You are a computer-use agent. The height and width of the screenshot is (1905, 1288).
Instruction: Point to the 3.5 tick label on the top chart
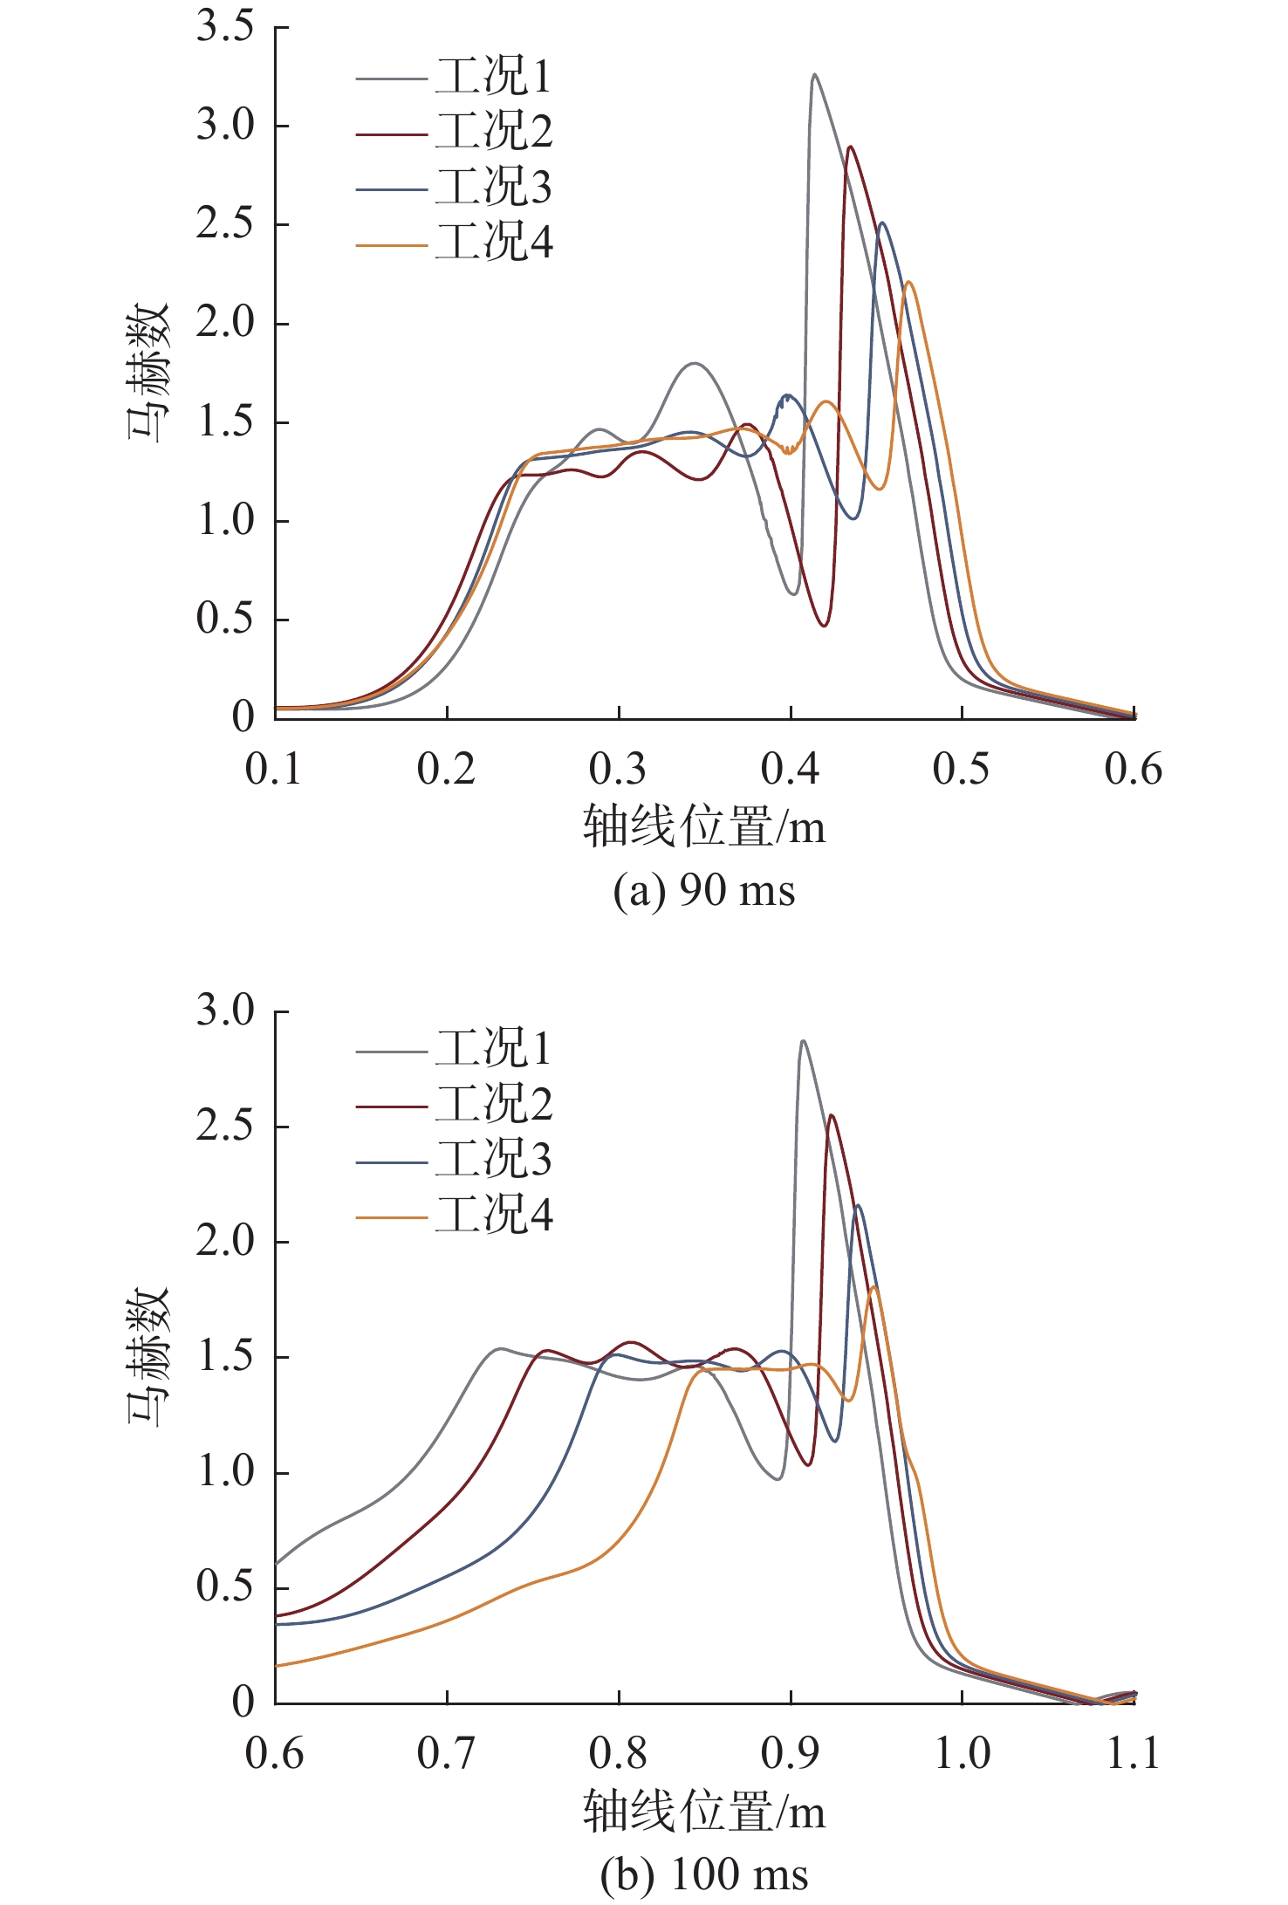click(224, 27)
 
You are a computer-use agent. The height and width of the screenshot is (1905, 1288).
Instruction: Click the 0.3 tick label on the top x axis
click(618, 770)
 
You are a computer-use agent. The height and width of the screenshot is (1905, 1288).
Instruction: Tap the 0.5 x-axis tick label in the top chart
click(961, 770)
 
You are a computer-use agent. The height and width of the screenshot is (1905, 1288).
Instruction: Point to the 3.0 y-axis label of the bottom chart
click(224, 1011)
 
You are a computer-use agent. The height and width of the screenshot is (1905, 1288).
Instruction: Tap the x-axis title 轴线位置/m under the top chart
click(704, 826)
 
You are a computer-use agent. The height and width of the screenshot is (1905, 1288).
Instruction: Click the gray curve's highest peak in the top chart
click(814, 75)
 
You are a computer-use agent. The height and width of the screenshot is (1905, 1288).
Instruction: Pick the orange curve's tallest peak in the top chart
click(909, 282)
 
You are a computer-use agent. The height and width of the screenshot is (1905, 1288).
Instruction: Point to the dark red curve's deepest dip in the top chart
click(824, 625)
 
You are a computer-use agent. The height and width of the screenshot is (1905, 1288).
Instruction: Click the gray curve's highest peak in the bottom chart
click(803, 1041)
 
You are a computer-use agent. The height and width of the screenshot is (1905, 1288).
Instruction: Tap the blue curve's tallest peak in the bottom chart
click(859, 1206)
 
